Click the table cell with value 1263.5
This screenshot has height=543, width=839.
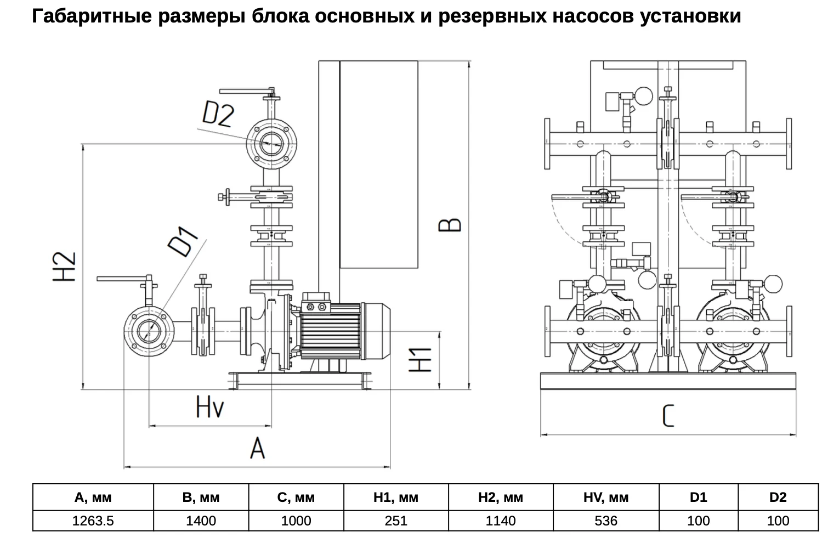point(93,521)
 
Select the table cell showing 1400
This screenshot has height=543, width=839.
point(201,521)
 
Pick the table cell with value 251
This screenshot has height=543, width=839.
point(396,521)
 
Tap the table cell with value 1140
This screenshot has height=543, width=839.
point(501,521)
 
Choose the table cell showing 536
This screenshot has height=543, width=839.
point(606,521)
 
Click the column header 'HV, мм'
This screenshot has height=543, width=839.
point(606,497)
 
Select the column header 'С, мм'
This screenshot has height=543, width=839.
point(296,497)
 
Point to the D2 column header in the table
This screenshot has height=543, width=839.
point(778,497)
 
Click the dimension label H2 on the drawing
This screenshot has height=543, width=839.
point(64,267)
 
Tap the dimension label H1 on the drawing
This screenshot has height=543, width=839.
point(420,360)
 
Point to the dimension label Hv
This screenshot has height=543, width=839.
point(210,407)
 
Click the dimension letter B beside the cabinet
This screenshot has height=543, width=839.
point(450,225)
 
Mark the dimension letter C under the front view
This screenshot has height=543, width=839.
point(668,416)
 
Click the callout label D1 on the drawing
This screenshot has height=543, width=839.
point(183,241)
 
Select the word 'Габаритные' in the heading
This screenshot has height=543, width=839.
point(92,16)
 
